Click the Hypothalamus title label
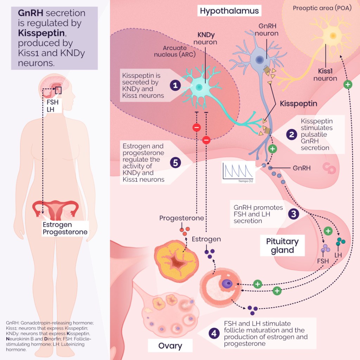pos(229,11)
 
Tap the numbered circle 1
pos(175,85)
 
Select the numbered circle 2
pos(291,134)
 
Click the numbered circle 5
pos(175,162)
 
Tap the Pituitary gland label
pos(282,246)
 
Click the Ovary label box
pos(170,346)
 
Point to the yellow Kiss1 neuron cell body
pos(332,36)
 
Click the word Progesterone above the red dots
pos(181,218)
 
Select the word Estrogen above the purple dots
pos(206,239)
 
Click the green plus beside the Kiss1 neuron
pos(347,84)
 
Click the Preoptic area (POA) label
pos(322,8)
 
